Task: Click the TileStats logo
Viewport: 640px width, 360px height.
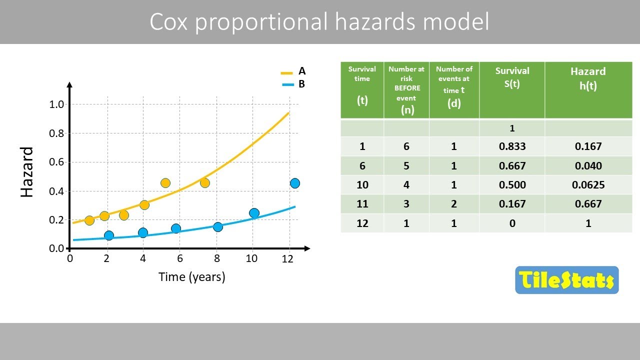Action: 566,280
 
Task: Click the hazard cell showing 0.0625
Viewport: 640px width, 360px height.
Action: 588,185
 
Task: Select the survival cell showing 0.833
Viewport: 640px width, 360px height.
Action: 512,146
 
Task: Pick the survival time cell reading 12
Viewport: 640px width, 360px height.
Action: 362,223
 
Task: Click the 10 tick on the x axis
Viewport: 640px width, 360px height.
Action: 251,258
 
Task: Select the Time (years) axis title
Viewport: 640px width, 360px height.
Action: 191,276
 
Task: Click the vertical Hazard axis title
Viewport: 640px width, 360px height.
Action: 27,172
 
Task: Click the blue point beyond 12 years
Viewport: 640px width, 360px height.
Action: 294,183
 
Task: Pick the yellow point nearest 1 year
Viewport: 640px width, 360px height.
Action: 89,220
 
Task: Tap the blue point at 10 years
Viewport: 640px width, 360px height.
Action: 254,213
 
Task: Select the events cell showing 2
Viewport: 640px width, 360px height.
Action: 454,204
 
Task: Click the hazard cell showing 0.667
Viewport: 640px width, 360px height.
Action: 588,204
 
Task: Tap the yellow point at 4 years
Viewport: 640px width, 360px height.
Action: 144,204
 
